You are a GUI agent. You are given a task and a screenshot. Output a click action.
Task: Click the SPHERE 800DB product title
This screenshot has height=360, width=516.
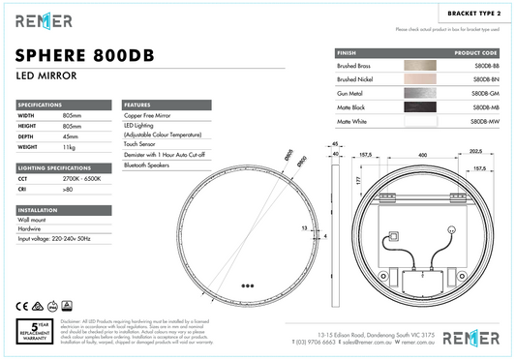[80, 53]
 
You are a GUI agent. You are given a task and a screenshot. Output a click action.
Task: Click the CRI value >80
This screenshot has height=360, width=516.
[68, 190]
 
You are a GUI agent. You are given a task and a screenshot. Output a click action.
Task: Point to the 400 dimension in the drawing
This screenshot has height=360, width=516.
[421, 154]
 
